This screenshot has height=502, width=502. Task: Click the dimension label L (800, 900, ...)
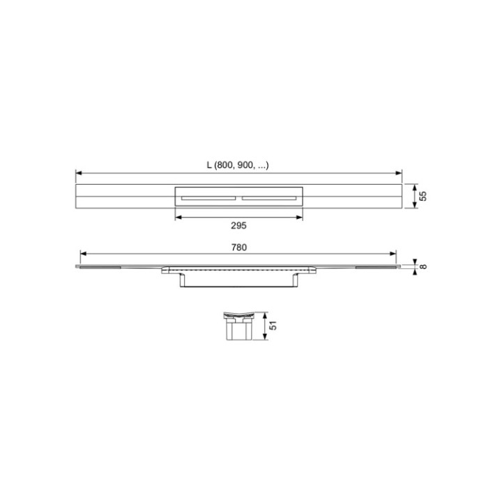(x=238, y=165)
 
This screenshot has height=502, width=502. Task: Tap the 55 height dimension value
(x=423, y=197)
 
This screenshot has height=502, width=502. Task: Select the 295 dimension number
(x=238, y=226)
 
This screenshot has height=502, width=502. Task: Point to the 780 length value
(x=238, y=247)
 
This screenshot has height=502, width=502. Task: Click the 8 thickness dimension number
(x=423, y=266)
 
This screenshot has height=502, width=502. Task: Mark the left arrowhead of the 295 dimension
(x=176, y=217)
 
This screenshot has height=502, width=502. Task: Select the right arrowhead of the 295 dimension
(x=301, y=217)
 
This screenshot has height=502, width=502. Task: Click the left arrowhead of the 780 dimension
(x=83, y=254)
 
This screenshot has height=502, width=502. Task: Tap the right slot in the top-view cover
(x=270, y=198)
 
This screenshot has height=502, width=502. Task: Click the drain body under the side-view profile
(x=238, y=280)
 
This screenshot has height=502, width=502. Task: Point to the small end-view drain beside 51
(x=238, y=326)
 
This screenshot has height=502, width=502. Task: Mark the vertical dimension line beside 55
(x=413, y=197)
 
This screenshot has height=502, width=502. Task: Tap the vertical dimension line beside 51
(x=265, y=326)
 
